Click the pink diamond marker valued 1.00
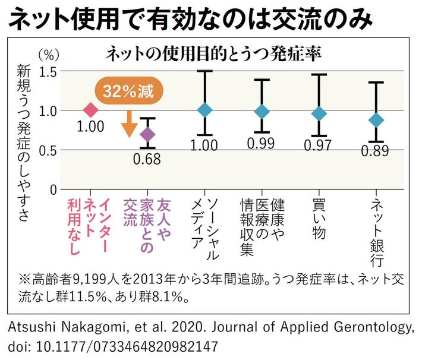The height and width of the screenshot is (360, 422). (90, 110)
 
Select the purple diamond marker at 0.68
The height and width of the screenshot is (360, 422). (147, 135)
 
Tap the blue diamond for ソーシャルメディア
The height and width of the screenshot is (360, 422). (204, 110)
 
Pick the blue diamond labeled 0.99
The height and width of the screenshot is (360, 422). (262, 111)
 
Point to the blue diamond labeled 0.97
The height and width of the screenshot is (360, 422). (319, 113)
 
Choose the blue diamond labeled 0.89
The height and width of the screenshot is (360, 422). (376, 119)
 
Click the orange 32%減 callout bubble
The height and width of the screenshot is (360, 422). (128, 92)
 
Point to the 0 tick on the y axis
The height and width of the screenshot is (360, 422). (53, 190)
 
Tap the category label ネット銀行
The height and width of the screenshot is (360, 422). (376, 232)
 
